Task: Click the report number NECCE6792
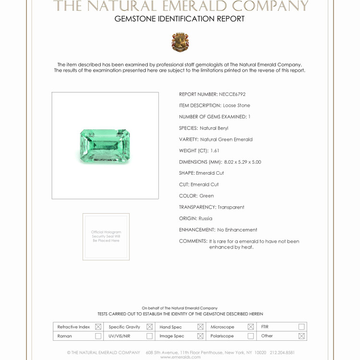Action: (x=232, y=94)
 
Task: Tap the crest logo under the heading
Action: (x=180, y=42)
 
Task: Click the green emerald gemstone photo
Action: (x=105, y=145)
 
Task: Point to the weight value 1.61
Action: (x=215, y=151)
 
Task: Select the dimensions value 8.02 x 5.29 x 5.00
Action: (x=242, y=162)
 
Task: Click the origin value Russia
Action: (x=205, y=218)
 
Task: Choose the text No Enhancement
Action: (x=237, y=230)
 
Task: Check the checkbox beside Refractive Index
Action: (x=98, y=327)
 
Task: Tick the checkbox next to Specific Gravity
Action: (x=149, y=327)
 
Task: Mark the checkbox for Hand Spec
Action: (x=200, y=327)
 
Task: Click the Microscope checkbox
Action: (x=251, y=327)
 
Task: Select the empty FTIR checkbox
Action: (x=301, y=327)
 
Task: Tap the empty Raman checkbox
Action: (x=98, y=336)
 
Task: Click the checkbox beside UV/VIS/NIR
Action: (x=149, y=336)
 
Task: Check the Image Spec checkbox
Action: (x=200, y=336)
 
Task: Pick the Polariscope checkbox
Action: (x=251, y=336)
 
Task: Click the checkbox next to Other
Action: (x=301, y=336)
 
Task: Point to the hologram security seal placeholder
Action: (x=106, y=237)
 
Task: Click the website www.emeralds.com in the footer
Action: (x=180, y=357)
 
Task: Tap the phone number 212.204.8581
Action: (x=282, y=352)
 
